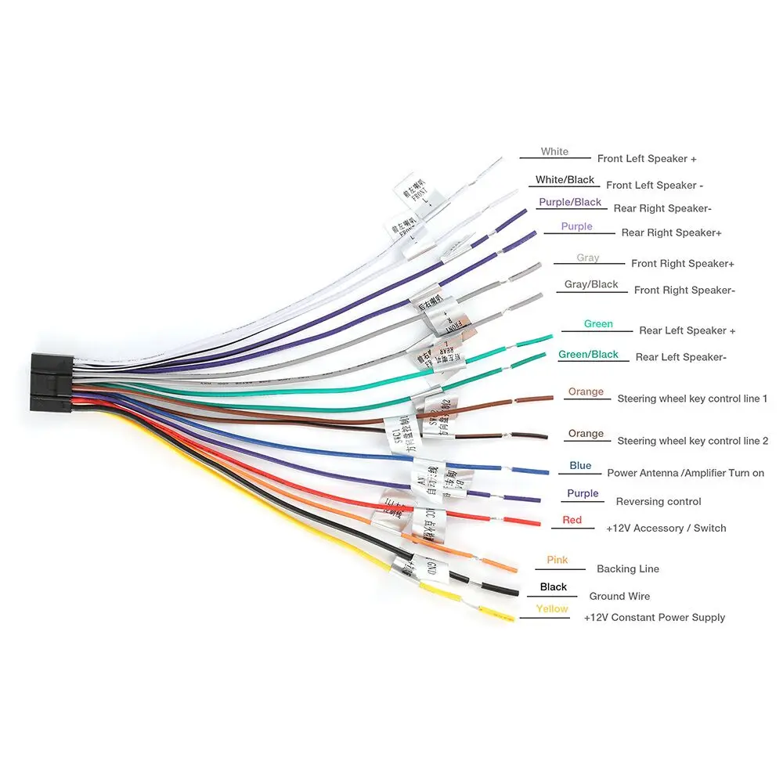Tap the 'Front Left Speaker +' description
point(647,159)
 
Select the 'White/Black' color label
point(565,180)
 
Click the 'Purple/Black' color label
point(570,202)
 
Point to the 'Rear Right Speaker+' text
point(671,233)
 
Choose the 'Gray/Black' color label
point(591,285)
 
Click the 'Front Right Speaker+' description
point(683,264)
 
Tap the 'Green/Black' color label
point(588,355)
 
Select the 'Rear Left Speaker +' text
point(687,330)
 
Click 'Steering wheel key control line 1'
point(692,399)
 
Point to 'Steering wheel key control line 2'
point(692,441)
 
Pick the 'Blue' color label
point(580,466)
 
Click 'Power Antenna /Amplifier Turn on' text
point(685,473)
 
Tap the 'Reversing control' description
point(659,502)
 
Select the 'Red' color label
point(572,520)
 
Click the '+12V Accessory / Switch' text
point(666,529)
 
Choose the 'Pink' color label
point(557,560)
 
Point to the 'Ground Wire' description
point(619,597)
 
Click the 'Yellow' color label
point(552,609)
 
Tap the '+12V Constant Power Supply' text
point(655,618)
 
